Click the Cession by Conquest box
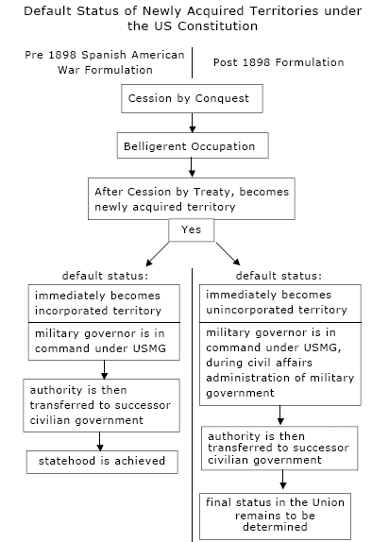[192, 98]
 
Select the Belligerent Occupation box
[193, 145]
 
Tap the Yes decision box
[192, 229]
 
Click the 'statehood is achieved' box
[102, 462]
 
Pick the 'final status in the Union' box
[275, 516]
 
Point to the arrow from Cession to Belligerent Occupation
[193, 123]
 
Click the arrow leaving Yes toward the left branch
[158, 254]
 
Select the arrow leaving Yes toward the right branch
[228, 254]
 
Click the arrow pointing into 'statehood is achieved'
[99, 441]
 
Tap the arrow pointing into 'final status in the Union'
[282, 480]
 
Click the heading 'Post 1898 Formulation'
[279, 62]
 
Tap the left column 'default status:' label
[105, 276]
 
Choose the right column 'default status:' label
[279, 276]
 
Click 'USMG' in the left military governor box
[149, 348]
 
